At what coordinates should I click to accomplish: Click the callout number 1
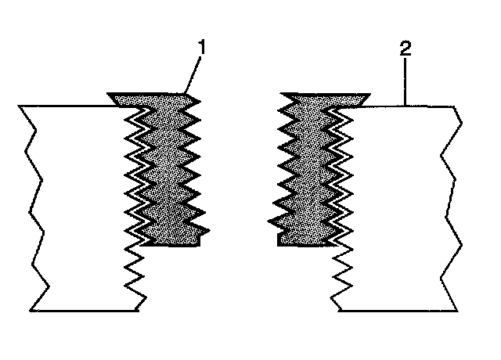[x=201, y=48]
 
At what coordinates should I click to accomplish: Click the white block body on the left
[x=78, y=203]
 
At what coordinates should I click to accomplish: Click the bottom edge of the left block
[x=86, y=310]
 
